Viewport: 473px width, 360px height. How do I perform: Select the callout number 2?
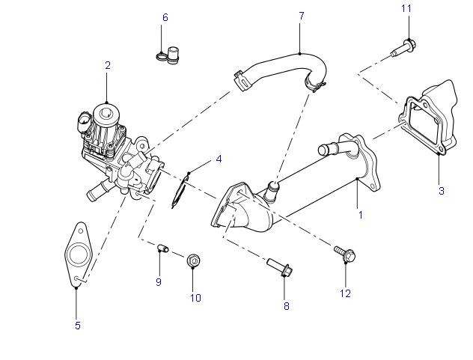pos(107,66)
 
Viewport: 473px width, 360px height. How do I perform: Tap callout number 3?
pos(441,191)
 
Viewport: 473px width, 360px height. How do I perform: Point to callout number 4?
pos(219,159)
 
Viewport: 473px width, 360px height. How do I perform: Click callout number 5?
pos(78,325)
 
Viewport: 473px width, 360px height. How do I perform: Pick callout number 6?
pos(165,16)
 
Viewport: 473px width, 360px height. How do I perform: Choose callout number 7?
pos(302,16)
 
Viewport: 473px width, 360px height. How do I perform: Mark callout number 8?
pos(285,306)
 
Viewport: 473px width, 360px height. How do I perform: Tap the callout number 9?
pos(159,281)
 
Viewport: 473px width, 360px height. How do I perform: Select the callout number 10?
pos(195,297)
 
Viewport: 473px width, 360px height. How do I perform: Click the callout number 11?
pos(406,8)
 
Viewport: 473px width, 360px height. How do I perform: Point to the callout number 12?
pos(345,293)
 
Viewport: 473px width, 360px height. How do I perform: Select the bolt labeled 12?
pos(345,255)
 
